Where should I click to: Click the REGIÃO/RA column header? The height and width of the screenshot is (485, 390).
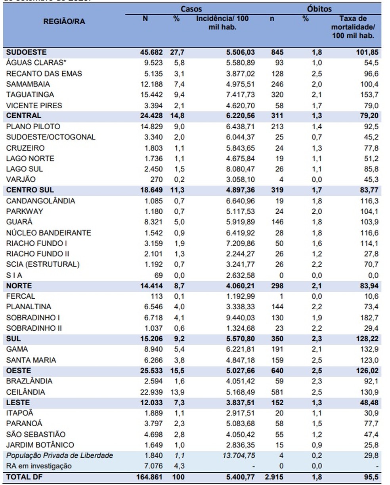tap(64, 22)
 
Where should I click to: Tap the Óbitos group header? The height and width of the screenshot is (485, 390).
tap(319, 9)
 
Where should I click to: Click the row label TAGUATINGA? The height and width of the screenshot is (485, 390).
tap(30, 95)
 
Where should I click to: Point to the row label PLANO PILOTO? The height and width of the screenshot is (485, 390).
tap(33, 127)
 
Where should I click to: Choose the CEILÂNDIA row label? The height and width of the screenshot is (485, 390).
tap(26, 392)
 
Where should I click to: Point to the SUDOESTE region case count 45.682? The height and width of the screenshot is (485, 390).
tap(148, 52)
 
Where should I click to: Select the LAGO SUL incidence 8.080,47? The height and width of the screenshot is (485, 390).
tap(239, 169)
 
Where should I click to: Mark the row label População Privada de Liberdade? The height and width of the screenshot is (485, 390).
tap(59, 456)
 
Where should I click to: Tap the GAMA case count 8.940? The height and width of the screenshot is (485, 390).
tap(150, 349)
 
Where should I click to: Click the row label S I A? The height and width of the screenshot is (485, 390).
tap(14, 275)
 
